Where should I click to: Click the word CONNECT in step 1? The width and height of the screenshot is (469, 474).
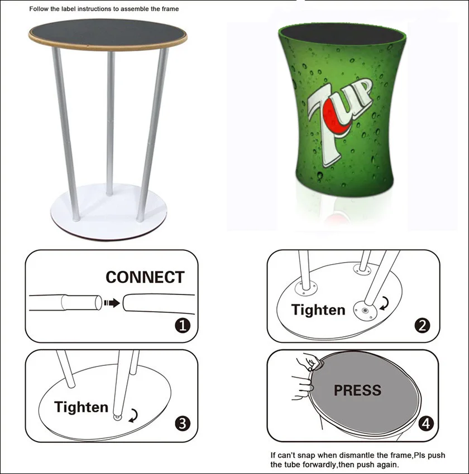[145, 277]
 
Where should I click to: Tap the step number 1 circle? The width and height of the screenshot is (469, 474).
[183, 326]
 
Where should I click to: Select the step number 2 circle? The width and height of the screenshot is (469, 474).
[423, 326]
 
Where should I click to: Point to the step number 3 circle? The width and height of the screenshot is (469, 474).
[183, 423]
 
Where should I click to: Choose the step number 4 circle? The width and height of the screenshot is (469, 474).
[426, 423]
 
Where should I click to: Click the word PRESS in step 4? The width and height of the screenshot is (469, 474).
[357, 390]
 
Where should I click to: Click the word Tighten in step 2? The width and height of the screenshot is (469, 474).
[318, 310]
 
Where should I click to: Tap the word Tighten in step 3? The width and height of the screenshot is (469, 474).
[81, 407]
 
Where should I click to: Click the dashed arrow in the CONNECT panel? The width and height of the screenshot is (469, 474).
[112, 303]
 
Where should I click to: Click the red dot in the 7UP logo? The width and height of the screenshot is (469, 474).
[334, 118]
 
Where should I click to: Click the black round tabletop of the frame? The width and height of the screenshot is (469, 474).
[108, 33]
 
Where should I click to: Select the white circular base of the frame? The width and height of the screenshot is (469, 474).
[108, 211]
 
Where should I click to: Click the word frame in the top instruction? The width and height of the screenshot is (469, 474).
[170, 9]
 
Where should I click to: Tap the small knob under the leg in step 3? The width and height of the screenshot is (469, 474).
[117, 418]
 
